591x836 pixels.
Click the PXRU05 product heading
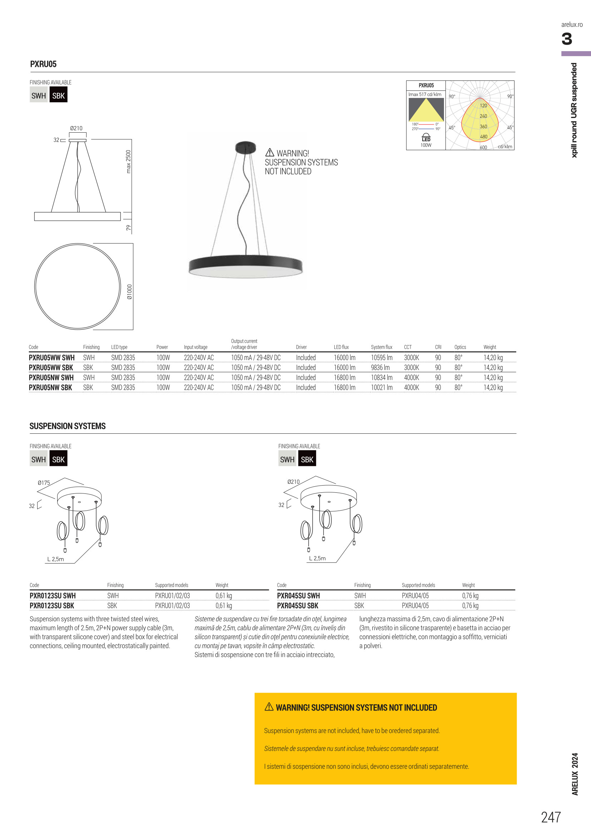point(43,64)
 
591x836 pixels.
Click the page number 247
point(551,817)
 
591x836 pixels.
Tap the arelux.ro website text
point(571,24)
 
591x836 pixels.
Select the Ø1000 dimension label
point(129,292)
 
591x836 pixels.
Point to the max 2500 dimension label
point(128,161)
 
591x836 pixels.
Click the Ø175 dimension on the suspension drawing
point(44,483)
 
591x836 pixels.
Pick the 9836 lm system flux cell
point(380,368)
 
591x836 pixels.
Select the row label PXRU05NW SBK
point(50,388)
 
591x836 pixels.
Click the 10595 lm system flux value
point(381,358)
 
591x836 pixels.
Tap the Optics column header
point(460,347)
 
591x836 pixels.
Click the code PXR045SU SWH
point(298,596)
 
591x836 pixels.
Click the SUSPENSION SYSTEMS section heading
point(67,426)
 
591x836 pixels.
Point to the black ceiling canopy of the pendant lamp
point(245,147)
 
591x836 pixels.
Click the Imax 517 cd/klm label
point(425,94)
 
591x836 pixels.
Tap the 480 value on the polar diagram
point(484,137)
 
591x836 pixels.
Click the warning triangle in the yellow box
point(269,707)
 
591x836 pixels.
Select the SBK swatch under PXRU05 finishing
point(58,96)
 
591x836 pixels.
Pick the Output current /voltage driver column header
point(244,344)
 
